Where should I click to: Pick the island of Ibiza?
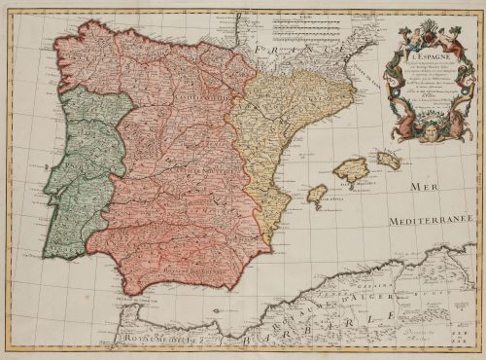pos(316,193)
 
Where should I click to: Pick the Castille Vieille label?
pos(175,96)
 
